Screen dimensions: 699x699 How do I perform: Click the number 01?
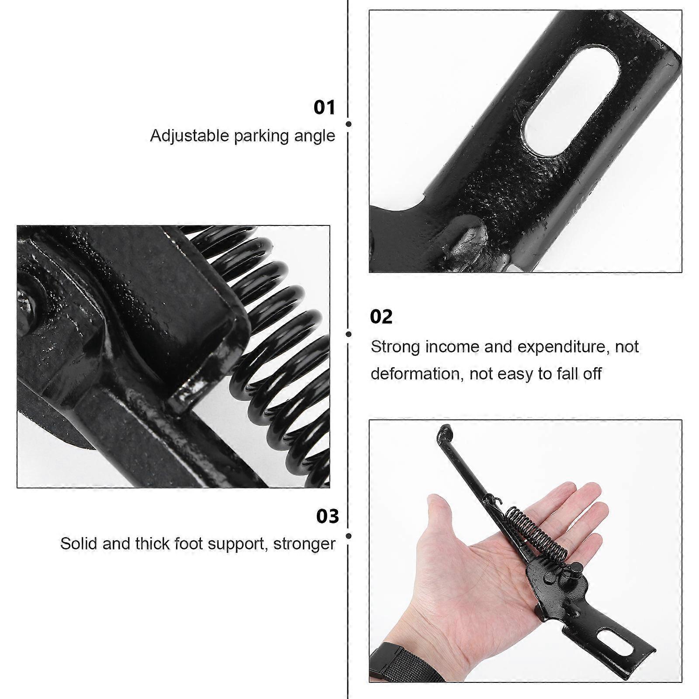coord(324,107)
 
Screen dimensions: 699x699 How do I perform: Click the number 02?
coord(381,317)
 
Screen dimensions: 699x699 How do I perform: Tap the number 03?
coord(328,516)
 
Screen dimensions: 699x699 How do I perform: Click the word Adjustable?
coord(190,136)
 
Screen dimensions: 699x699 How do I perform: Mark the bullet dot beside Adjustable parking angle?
coord(349,124)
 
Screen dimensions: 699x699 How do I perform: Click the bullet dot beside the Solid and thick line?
coord(349,536)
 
